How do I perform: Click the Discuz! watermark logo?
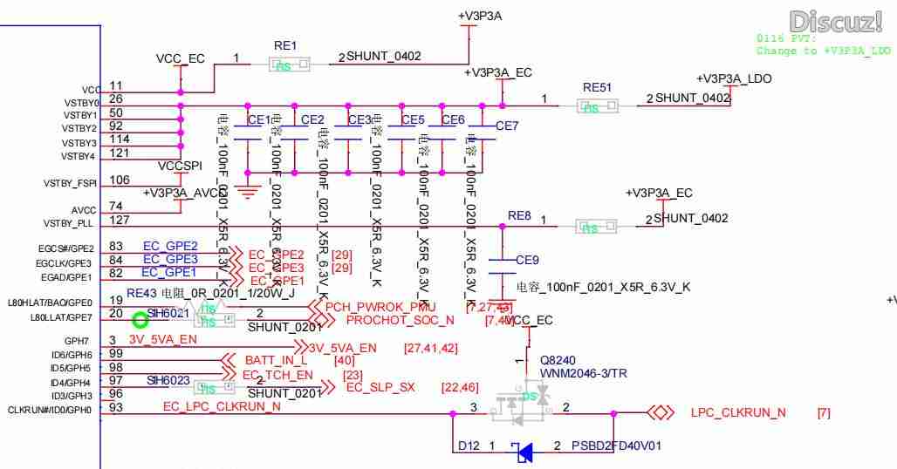point(835,21)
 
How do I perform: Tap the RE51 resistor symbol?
point(597,106)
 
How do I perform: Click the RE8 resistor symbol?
point(595,227)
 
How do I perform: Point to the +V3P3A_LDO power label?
point(735,79)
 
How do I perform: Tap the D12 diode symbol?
point(524,452)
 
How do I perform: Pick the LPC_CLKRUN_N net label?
point(737,411)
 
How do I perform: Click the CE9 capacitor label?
point(527,260)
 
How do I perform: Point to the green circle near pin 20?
point(140,320)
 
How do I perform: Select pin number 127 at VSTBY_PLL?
point(118,220)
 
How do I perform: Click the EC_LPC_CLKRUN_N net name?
point(222,407)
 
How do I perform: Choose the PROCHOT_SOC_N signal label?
point(401,320)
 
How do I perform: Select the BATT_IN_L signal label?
point(276,359)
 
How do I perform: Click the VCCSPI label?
point(181,165)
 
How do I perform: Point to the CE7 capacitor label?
point(507,126)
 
